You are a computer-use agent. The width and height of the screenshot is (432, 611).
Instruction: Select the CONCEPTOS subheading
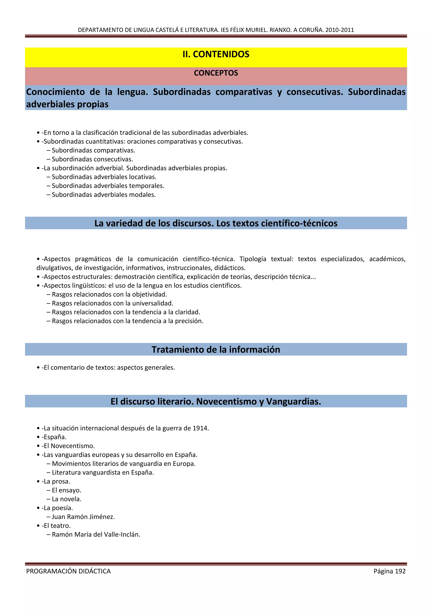pyautogui.click(x=216, y=73)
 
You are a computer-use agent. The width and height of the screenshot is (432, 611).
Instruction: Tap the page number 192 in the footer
pyautogui.click(x=400, y=571)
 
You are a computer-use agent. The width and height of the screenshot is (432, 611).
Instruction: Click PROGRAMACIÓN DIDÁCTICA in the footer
pyautogui.click(x=68, y=571)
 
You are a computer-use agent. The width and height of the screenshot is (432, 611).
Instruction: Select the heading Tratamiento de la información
pyautogui.click(x=216, y=349)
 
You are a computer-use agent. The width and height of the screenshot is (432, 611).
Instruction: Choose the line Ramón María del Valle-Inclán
pyautogui.click(x=96, y=535)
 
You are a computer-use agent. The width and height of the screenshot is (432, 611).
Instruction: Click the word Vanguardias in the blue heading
pyautogui.click(x=293, y=401)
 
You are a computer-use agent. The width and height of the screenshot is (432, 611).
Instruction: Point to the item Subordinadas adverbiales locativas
pyautogui.click(x=104, y=177)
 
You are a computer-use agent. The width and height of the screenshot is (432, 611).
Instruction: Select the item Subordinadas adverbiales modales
pyautogui.click(x=104, y=195)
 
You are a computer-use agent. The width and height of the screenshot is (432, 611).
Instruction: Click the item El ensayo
pyautogui.click(x=66, y=490)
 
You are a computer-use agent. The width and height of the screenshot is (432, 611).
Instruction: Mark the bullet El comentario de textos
pyautogui.click(x=108, y=368)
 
